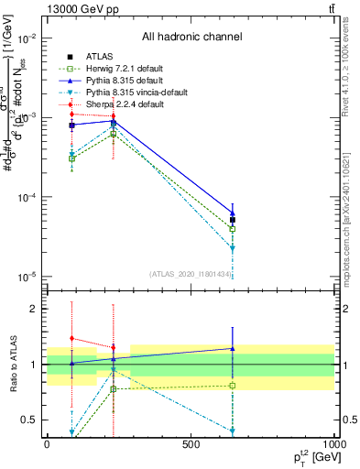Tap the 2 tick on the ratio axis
pos(34,309)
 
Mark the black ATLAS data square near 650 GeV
pos(233,220)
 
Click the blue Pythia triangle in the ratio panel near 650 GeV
pos(233,348)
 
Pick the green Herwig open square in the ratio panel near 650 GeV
pos(233,386)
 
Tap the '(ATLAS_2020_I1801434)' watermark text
pos(190,274)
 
